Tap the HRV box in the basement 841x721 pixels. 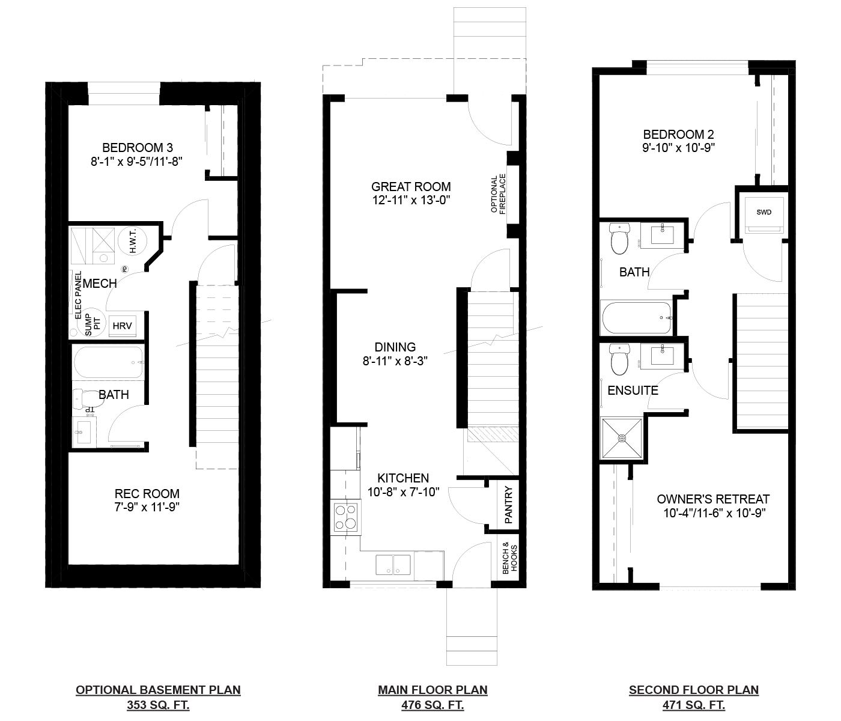click(x=122, y=326)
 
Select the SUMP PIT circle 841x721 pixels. click(x=93, y=323)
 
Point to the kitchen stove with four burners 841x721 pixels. click(x=345, y=517)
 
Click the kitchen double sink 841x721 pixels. click(x=393, y=565)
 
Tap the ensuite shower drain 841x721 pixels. click(x=621, y=439)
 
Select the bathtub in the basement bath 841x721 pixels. click(x=108, y=362)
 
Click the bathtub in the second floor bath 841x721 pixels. click(x=637, y=318)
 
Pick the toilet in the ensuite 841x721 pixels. click(x=620, y=360)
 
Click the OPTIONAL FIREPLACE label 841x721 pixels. click(x=498, y=194)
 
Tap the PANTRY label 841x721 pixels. click(x=508, y=505)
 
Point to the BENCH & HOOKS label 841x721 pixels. click(x=510, y=558)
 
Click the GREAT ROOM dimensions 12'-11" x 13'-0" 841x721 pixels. click(x=411, y=200)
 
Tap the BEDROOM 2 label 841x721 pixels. click(x=678, y=134)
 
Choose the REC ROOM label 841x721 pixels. click(x=147, y=493)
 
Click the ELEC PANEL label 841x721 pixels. click(x=79, y=295)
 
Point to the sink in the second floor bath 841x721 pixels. click(x=662, y=235)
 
